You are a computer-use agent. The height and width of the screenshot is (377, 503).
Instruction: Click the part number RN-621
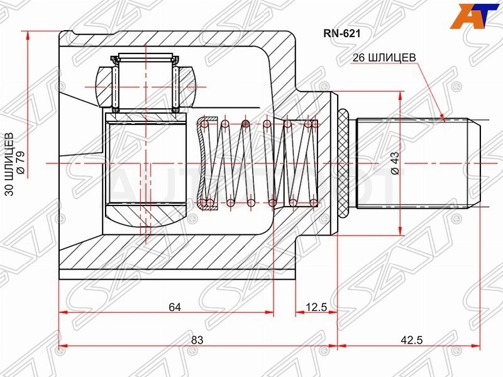(x=341, y=33)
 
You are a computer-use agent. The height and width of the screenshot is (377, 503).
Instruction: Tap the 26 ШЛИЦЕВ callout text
(x=384, y=57)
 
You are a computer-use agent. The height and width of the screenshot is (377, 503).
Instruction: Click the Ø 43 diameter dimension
(x=395, y=163)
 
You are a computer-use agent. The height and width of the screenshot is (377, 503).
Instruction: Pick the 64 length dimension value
(x=175, y=307)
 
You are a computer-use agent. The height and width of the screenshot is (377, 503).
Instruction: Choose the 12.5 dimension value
(x=316, y=307)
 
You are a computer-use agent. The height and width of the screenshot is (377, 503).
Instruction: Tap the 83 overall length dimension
(x=197, y=340)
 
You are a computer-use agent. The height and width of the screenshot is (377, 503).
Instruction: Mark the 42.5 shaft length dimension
(x=412, y=340)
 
